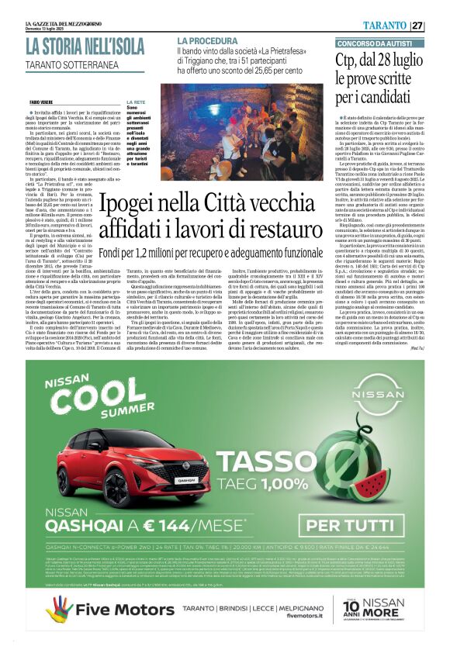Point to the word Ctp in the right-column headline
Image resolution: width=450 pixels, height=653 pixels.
[347, 61]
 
